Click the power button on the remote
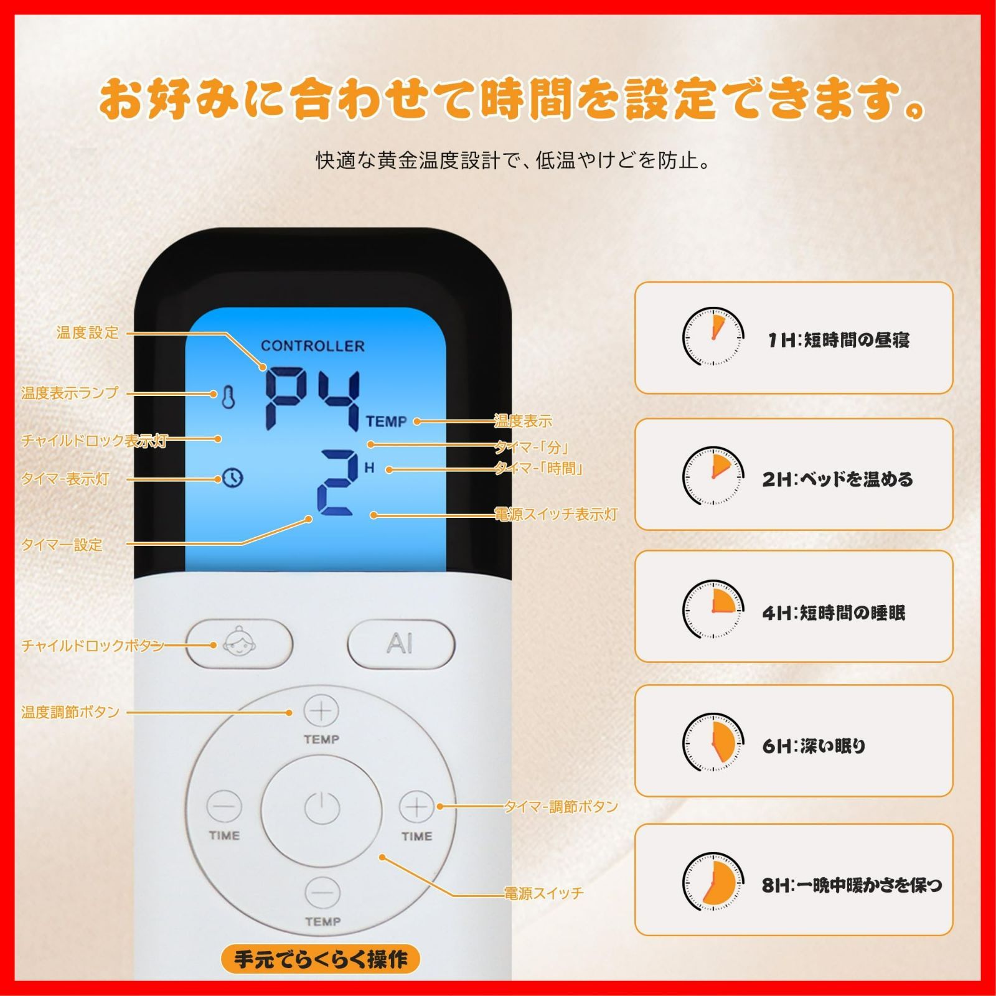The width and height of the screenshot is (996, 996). [322, 809]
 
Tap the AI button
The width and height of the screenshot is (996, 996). [400, 644]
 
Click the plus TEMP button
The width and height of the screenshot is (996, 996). [321, 711]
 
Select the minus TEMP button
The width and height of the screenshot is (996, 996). [322, 893]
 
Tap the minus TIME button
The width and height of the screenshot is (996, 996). [224, 807]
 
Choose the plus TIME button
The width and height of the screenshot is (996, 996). [416, 807]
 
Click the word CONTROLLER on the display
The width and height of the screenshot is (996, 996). [312, 346]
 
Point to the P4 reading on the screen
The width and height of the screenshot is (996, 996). [313, 399]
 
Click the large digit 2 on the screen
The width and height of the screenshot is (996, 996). [337, 483]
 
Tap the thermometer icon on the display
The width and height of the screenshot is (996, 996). [228, 398]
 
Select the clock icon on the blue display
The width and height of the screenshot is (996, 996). [232, 477]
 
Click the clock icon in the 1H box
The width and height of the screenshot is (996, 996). [713, 337]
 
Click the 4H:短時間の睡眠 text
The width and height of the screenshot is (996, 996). [834, 613]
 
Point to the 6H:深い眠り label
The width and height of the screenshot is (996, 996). [814, 745]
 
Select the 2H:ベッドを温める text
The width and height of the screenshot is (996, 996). [837, 479]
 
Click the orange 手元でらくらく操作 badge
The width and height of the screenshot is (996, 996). [321, 959]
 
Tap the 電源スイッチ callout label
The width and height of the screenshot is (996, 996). [543, 894]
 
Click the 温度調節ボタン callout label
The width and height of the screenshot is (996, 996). [70, 712]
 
